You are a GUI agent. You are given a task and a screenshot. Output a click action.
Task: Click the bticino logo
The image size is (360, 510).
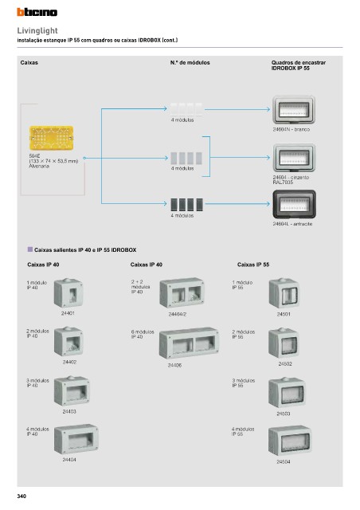pos(37,12)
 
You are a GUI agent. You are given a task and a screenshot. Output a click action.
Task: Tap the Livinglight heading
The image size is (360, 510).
pos(37,30)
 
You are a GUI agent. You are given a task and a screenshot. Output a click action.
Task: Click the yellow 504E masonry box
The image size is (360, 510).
pos(52,138)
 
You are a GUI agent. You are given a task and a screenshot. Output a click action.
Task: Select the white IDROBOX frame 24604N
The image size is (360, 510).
pos(294,110)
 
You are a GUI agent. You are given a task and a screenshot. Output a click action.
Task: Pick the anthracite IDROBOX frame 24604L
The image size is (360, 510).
pos(294,204)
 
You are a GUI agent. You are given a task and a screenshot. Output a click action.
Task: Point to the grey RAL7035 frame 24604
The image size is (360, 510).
pos(294,158)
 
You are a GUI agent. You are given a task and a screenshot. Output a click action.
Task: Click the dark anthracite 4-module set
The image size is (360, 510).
pos(186,205)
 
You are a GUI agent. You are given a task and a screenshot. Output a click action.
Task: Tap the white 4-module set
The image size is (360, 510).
pos(186,110)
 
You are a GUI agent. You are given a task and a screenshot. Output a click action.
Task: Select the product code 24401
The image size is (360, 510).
pos(68,313)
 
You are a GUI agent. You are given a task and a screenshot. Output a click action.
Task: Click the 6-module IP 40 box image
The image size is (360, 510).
pos(189,343)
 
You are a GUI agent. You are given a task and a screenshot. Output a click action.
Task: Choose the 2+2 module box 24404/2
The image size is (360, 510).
pos(182,292)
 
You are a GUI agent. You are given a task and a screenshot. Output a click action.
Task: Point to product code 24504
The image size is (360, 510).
pos(284,461)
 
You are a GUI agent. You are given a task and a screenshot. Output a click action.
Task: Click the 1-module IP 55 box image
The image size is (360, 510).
pos(284,293)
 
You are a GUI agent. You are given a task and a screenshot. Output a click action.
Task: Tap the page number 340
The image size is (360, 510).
pos(22,496)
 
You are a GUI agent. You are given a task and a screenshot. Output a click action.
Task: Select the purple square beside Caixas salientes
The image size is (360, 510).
pos(30,249)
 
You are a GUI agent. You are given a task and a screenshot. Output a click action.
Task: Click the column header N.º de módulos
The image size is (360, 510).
pos(190,62)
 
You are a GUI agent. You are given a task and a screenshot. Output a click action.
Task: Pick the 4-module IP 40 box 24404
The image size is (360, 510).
pos(76,439)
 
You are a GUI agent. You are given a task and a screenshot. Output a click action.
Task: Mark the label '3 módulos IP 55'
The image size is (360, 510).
pos(243,382)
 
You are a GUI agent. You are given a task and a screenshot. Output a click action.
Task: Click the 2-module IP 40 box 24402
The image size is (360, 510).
pos(68,342)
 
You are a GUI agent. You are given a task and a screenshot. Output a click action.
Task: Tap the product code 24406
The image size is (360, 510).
pos(174,365)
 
